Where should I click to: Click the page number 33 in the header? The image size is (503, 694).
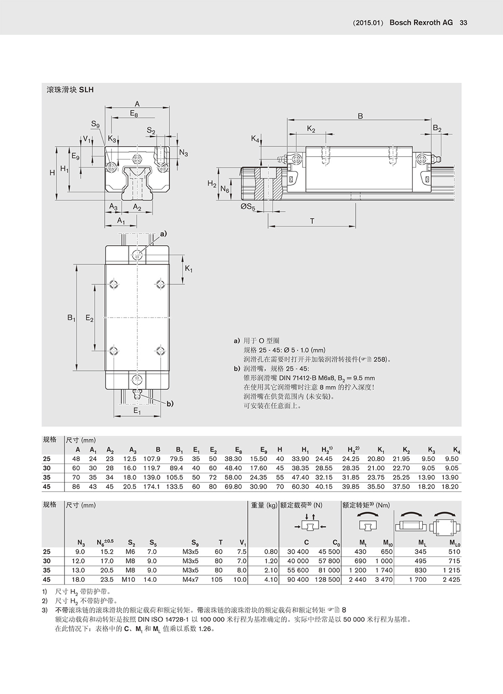tap(464, 23)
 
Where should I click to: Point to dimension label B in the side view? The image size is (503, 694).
tap(360, 116)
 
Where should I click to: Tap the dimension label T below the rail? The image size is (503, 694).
tap(312, 221)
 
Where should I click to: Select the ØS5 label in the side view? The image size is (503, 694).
tap(248, 207)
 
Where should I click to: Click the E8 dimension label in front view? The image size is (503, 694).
tap(134, 113)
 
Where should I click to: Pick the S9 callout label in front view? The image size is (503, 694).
tap(95, 124)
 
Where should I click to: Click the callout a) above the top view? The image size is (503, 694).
tap(163, 234)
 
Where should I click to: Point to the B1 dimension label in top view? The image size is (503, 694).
tap(71, 318)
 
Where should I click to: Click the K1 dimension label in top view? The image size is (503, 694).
tap(189, 268)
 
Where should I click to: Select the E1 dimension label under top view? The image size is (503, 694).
tap(137, 411)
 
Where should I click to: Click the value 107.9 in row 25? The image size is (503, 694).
tap(152, 459)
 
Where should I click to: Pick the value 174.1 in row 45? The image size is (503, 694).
tap(152, 486)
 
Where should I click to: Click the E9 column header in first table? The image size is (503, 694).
tap(263, 450)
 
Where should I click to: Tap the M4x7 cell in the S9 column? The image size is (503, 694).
tap(190, 579)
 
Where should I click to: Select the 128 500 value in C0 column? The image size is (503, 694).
tap(328, 579)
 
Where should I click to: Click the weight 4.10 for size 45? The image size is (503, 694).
tap(271, 579)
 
